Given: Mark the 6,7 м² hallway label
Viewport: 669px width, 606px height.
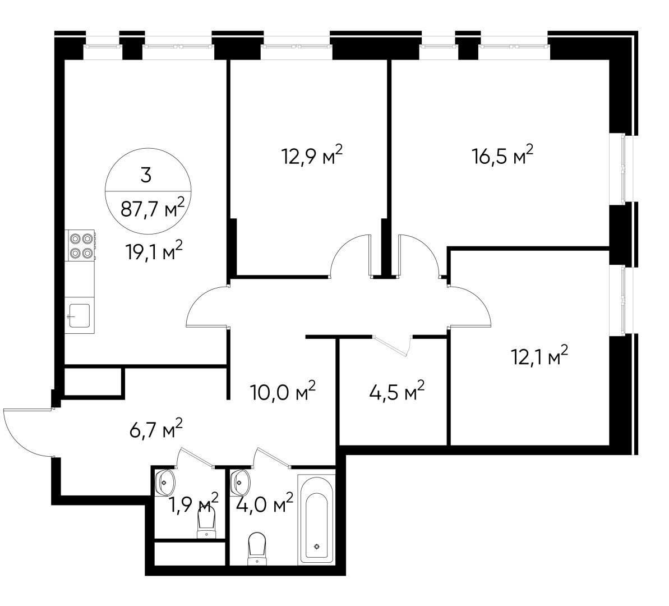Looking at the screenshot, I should click(x=154, y=430).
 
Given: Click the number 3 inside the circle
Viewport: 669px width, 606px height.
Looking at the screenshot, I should click(x=146, y=175).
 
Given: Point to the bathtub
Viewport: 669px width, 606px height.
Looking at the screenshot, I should click(x=318, y=519).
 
